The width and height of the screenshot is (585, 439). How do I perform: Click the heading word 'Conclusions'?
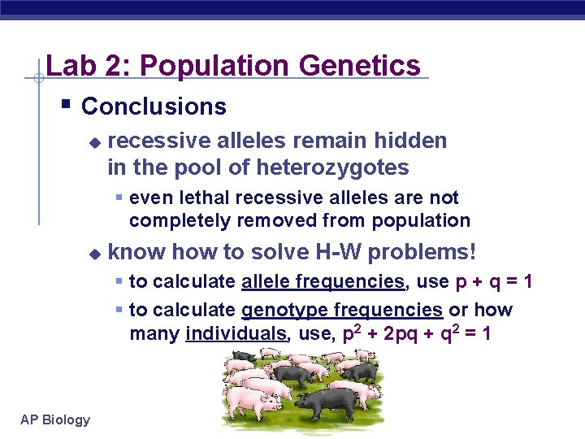click(x=154, y=106)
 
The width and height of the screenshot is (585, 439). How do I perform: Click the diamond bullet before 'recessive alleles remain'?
click(x=94, y=142)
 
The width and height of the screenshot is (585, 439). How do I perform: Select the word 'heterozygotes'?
click(x=333, y=167)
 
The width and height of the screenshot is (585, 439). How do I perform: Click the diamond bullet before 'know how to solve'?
click(x=94, y=254)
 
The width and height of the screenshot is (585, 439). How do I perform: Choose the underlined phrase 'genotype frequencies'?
click(x=341, y=310)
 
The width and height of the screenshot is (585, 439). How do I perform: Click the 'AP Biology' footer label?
click(x=55, y=419)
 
